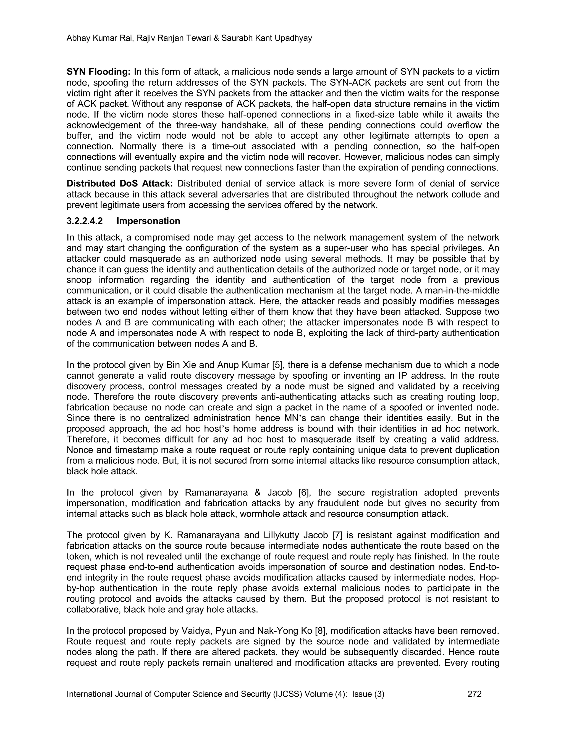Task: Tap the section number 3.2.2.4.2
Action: pos(85,221)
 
